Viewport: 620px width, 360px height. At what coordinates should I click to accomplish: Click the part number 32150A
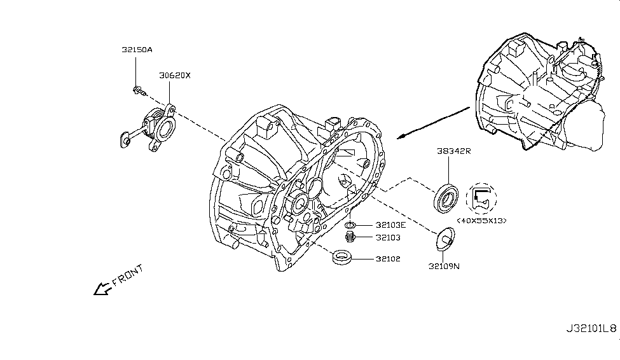137,49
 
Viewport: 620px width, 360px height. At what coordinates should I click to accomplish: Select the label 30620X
175,75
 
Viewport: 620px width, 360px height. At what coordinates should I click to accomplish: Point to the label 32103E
390,225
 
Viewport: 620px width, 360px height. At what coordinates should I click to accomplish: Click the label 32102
387,259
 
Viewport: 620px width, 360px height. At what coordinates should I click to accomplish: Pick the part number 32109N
443,267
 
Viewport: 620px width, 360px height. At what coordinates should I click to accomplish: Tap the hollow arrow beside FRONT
102,289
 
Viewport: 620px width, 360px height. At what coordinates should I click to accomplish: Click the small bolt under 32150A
139,92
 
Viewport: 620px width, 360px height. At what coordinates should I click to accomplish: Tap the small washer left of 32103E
350,225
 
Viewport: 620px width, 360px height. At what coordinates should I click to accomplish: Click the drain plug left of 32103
349,239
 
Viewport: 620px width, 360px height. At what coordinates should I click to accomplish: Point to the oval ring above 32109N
445,239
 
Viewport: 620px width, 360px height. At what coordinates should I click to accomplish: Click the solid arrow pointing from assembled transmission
432,124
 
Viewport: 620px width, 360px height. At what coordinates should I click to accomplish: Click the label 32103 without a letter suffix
387,239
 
